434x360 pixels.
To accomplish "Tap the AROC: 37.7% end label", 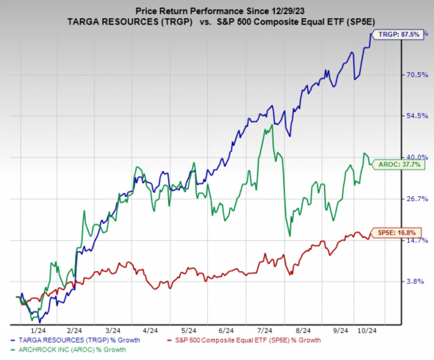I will (400, 165).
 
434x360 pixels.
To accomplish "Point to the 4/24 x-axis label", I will (148, 330).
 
